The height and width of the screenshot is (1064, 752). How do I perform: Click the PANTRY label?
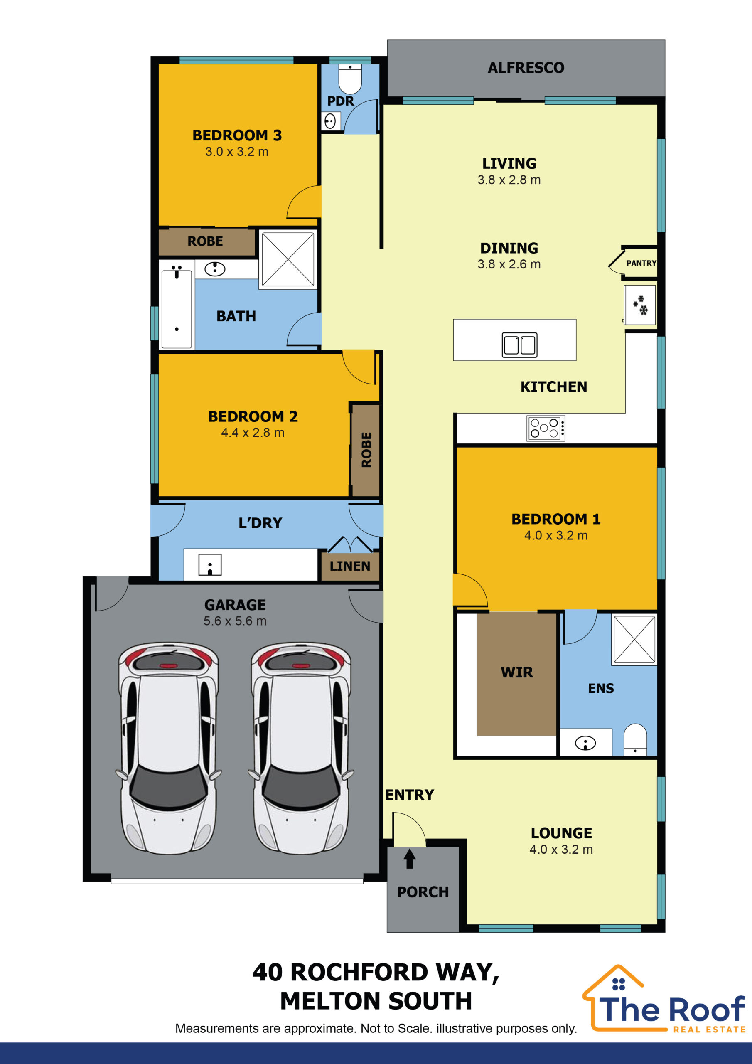641,263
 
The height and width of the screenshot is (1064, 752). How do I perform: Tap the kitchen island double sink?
519,345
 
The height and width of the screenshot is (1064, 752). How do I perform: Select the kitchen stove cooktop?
546,428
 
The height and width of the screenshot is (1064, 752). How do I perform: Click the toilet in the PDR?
350,79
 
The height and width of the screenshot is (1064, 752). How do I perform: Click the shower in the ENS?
634,640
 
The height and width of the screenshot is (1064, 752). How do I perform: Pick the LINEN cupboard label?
350,566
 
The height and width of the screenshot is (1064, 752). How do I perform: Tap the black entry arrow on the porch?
410,858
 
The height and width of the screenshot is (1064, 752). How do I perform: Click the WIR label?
516,672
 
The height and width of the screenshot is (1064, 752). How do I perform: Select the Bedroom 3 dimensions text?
237,152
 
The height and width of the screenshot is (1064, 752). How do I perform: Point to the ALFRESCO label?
526,68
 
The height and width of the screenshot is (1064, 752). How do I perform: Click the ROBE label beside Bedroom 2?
366,450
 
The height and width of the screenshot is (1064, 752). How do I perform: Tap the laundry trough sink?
210,565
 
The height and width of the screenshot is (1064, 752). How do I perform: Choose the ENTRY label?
410,795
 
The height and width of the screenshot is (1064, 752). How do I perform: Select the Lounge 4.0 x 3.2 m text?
561,850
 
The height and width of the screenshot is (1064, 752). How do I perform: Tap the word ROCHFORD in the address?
359,972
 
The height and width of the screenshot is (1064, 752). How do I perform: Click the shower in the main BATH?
288,259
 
